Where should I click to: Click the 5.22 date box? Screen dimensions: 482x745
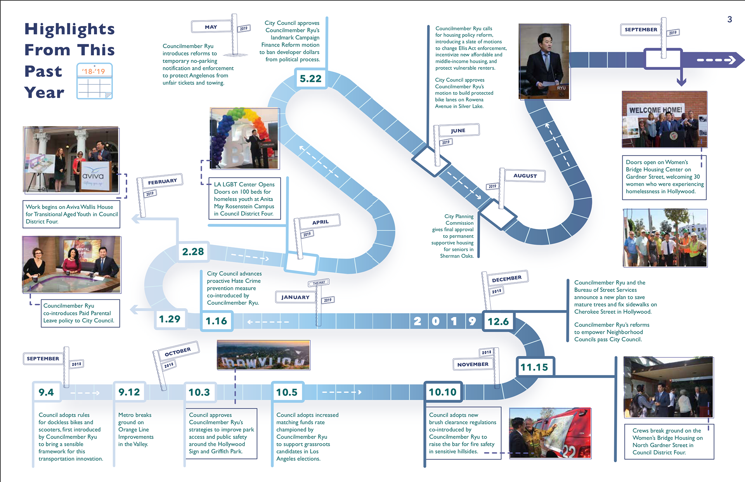pyautogui.click(x=311, y=79)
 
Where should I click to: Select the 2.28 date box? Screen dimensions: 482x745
pyautogui.click(x=193, y=252)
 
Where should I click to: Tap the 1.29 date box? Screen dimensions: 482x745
pyautogui.click(x=170, y=319)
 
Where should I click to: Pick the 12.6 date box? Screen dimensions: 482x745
pyautogui.click(x=498, y=321)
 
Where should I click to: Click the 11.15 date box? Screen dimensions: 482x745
pyautogui.click(x=534, y=367)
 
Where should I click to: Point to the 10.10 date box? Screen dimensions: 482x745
pyautogui.click(x=443, y=392)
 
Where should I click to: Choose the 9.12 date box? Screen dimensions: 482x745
pyautogui.click(x=129, y=392)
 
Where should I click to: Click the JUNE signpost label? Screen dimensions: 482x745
pyautogui.click(x=458, y=130)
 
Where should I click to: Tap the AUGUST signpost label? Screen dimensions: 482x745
pyautogui.click(x=525, y=176)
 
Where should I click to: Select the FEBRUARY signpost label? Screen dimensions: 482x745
pyautogui.click(x=163, y=181)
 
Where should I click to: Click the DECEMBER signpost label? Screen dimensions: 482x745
pyautogui.click(x=507, y=278)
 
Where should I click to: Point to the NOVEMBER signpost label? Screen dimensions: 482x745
pyautogui.click(x=473, y=364)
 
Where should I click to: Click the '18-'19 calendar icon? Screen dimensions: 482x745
pyautogui.click(x=94, y=81)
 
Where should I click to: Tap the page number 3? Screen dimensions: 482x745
pyautogui.click(x=729, y=19)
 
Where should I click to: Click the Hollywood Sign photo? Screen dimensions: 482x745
pyautogui.click(x=263, y=355)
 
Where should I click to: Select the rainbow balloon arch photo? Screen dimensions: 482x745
pyautogui.click(x=244, y=138)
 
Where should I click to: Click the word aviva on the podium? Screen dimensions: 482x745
pyautogui.click(x=93, y=176)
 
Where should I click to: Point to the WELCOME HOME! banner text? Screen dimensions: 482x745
pyautogui.click(x=655, y=110)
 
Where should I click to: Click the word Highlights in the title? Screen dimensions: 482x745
pyautogui.click(x=70, y=29)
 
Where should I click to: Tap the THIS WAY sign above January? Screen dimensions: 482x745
pyautogui.click(x=319, y=283)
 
